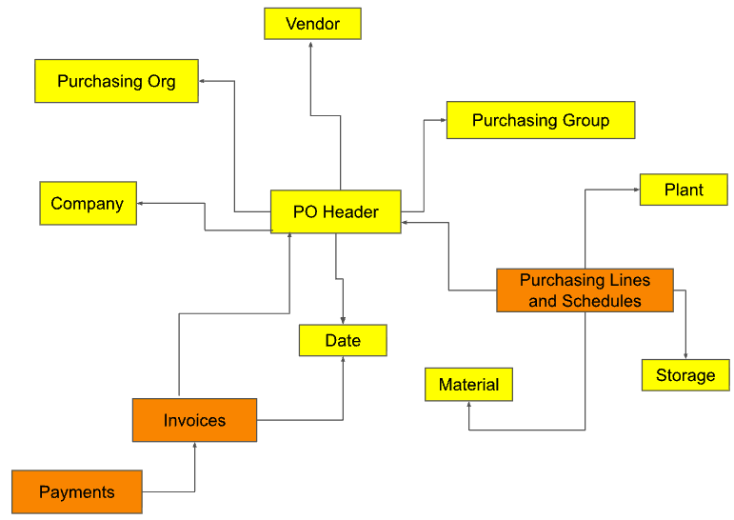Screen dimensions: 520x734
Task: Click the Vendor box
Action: (x=312, y=24)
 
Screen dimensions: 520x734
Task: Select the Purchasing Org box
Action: (x=116, y=81)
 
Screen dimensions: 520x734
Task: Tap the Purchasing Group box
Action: (x=540, y=120)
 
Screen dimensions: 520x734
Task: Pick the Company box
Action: (x=88, y=203)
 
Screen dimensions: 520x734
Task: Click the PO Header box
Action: (x=335, y=211)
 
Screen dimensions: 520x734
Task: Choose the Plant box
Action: (x=684, y=190)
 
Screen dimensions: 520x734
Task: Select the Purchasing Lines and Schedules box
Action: (x=585, y=290)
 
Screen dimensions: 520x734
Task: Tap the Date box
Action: (x=343, y=340)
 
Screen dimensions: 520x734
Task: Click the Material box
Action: (x=468, y=385)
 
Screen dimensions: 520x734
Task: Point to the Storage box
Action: (x=685, y=375)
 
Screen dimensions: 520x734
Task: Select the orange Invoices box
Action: (x=194, y=420)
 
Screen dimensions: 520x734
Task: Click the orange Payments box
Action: (x=77, y=492)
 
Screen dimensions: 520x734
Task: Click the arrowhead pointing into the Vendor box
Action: (x=312, y=44)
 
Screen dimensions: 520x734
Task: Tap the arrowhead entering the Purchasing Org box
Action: (x=204, y=81)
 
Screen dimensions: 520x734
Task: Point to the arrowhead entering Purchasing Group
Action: (x=442, y=120)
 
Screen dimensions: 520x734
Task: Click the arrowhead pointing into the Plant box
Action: (x=635, y=190)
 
